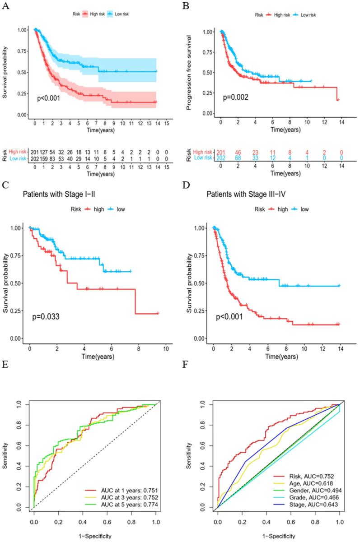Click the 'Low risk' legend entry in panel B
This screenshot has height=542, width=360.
point(304,15)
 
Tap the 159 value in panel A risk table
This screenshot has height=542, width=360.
point(45,159)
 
